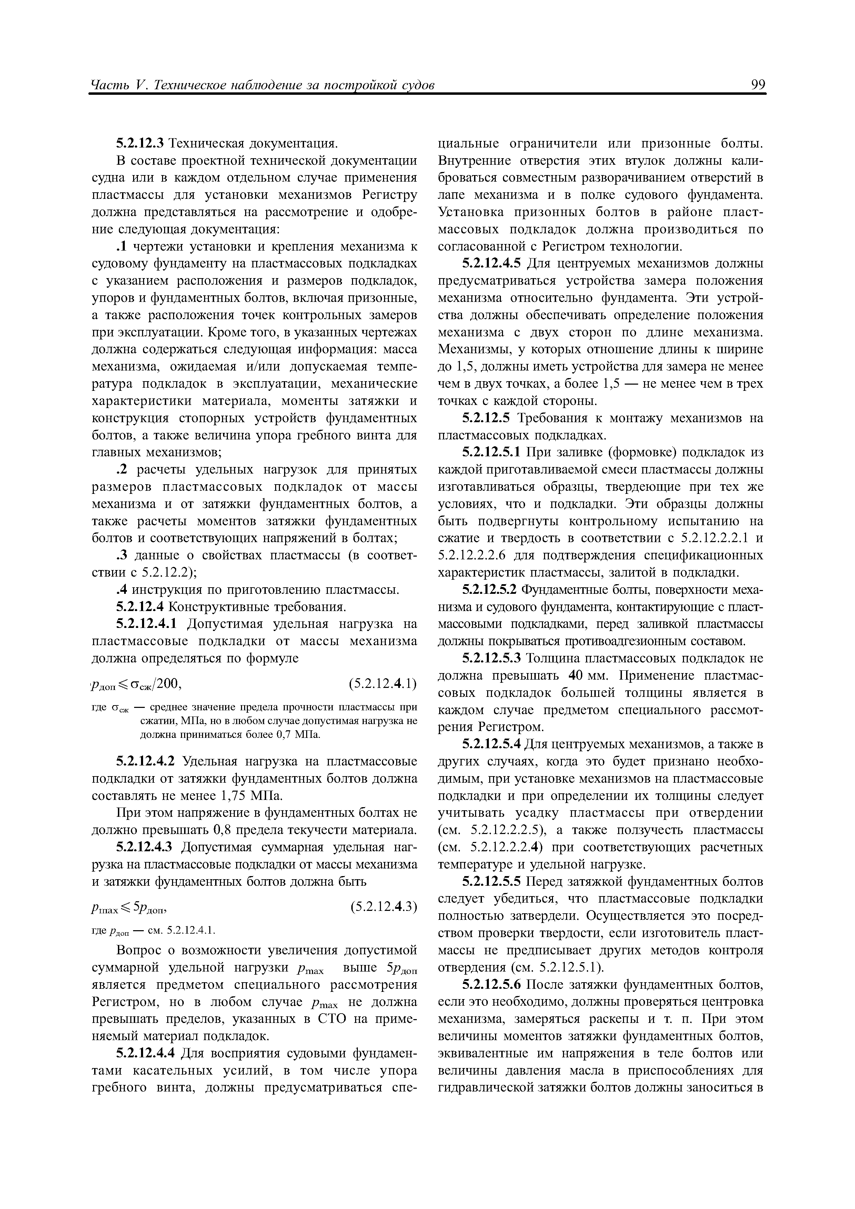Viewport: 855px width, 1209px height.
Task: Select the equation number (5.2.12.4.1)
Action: coord(382,684)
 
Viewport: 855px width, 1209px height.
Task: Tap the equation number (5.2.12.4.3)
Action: coord(382,907)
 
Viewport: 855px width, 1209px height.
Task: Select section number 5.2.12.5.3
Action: coord(491,659)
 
